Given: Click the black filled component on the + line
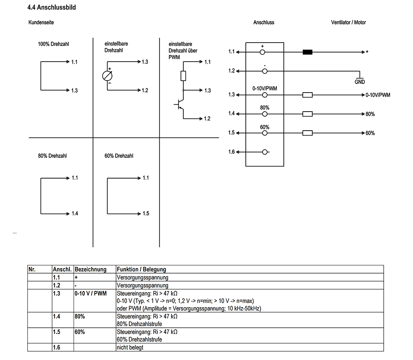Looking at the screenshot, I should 307,52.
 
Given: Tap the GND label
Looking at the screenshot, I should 360,82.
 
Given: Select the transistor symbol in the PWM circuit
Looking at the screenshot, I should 180,105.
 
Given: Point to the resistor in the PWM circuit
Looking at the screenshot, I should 183,76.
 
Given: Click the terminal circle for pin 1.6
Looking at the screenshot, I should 265,152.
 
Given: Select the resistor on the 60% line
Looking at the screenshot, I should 307,133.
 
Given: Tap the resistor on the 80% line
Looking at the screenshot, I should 307,114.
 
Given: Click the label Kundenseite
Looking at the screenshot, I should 41,22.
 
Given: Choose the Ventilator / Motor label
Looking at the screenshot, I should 348,22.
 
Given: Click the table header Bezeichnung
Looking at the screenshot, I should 90,269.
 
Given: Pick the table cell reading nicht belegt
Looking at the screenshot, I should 130,348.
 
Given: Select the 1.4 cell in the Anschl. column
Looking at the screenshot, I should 57,317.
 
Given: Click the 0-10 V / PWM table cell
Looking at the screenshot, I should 90,293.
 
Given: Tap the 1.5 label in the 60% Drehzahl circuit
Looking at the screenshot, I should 145,214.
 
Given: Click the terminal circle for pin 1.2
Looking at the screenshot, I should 265,71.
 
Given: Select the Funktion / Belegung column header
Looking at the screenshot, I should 142,269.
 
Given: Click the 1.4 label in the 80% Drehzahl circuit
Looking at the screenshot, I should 74,214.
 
